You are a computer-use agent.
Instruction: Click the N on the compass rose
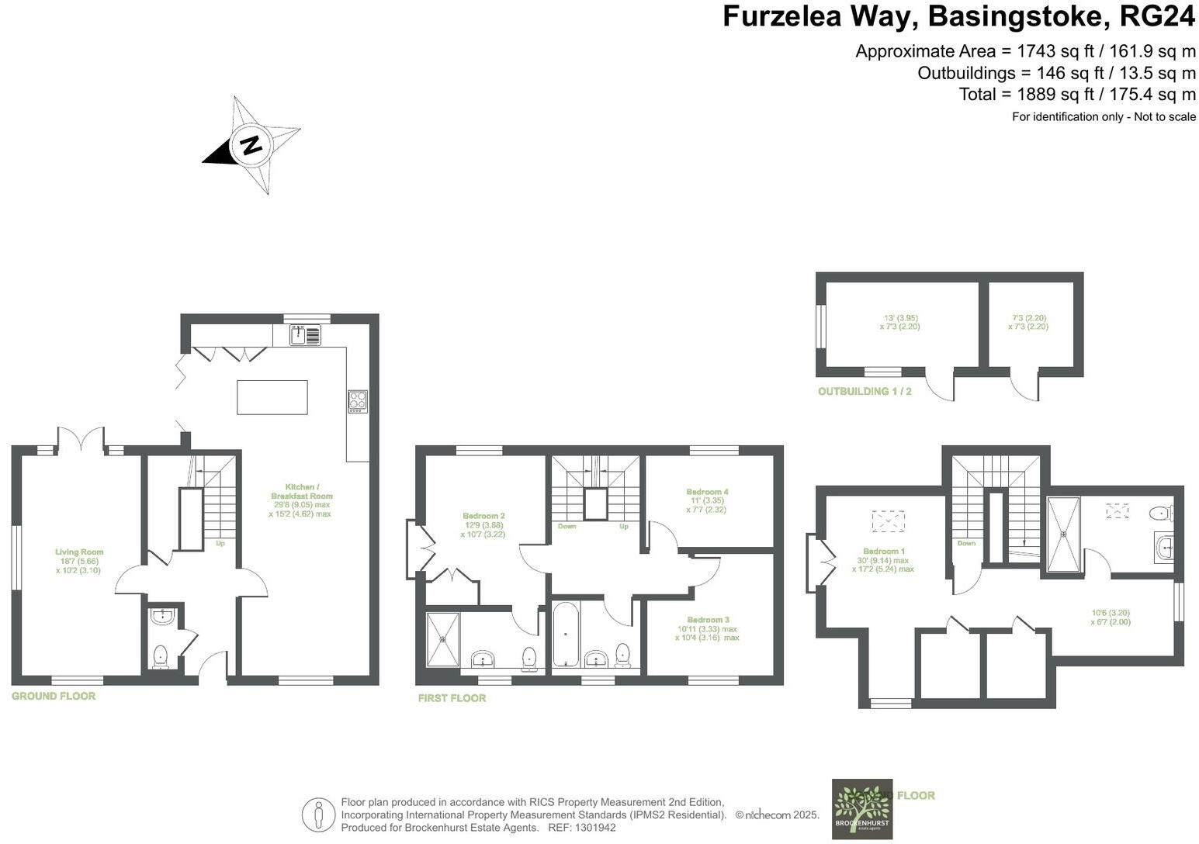point(251,145)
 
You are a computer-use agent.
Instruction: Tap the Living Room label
point(79,552)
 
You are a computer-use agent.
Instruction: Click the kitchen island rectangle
point(272,397)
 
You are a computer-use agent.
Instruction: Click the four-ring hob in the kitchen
point(358,401)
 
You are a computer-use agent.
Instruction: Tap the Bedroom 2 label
point(483,517)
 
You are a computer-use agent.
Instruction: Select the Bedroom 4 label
point(707,492)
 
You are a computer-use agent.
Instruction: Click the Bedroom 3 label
point(707,620)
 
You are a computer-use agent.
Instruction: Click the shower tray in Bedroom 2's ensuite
point(443,640)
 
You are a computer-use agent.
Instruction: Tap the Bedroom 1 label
point(883,552)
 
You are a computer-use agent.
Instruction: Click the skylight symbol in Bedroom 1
point(889,521)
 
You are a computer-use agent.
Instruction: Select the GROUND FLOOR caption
point(54,697)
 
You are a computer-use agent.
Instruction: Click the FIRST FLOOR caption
point(452,698)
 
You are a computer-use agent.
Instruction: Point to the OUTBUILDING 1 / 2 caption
point(865,392)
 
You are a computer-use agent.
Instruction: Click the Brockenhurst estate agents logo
point(862,809)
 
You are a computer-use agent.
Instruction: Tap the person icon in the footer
point(318,815)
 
